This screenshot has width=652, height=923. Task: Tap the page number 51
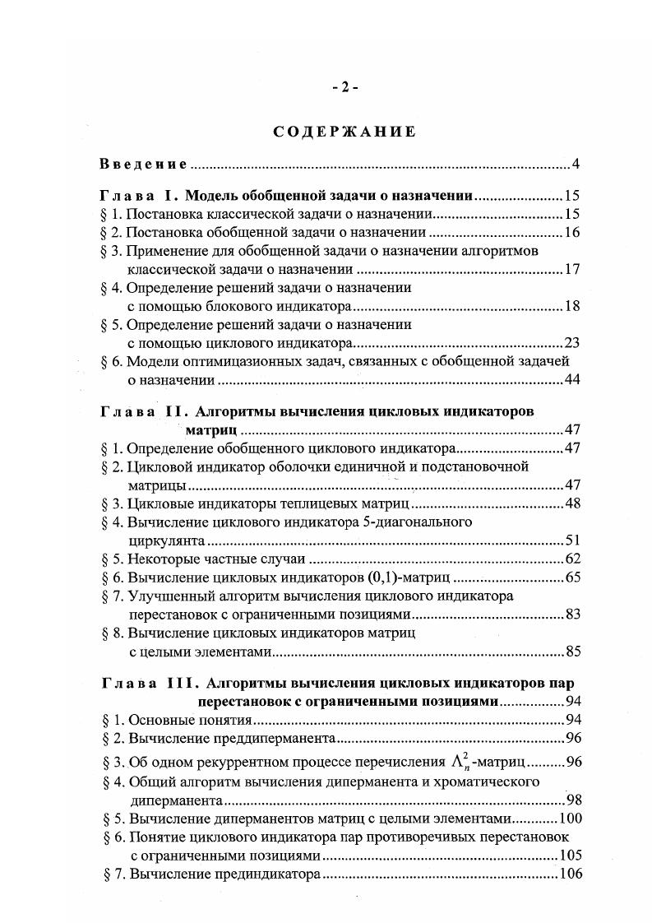coord(572,540)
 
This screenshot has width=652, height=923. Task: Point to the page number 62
coord(572,559)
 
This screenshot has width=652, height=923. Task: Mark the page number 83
coord(572,615)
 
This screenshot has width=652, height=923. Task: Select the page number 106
coord(569,874)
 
